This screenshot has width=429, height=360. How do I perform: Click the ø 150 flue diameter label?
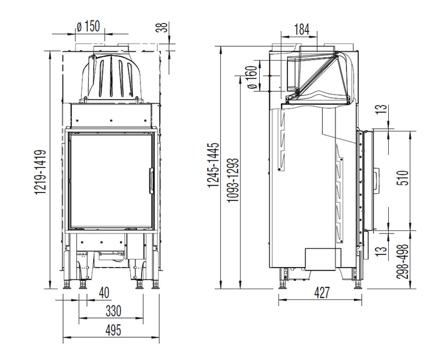click(88, 27)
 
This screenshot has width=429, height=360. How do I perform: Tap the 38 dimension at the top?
click(163, 27)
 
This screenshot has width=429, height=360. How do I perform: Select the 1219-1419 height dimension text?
click(40, 172)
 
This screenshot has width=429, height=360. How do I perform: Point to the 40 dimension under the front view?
click(104, 293)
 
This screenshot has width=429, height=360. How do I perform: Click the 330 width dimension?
click(113, 311)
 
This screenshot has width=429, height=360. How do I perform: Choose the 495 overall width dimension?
click(113, 330)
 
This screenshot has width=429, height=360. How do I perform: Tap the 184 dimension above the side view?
click(302, 29)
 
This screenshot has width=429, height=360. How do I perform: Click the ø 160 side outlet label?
click(252, 77)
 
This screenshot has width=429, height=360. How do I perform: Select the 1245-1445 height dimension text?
click(214, 164)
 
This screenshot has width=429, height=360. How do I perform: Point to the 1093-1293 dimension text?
click(233, 180)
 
